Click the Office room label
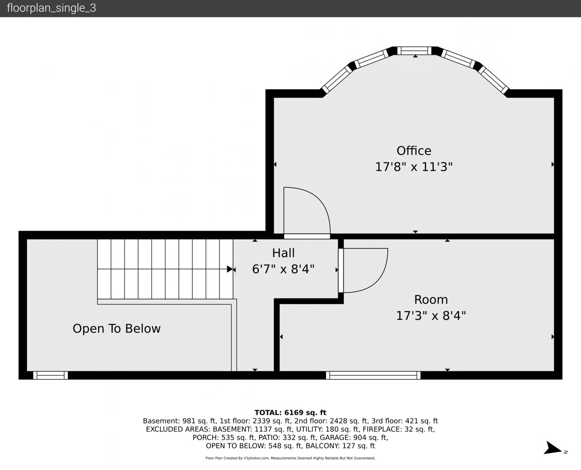pyautogui.click(x=414, y=151)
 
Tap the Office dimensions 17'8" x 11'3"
pyautogui.click(x=414, y=167)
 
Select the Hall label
pyautogui.click(x=283, y=253)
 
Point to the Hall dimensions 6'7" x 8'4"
pyautogui.click(x=283, y=269)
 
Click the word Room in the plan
pyautogui.click(x=431, y=300)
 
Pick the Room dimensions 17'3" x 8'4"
pyautogui.click(x=431, y=316)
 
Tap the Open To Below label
pyautogui.click(x=117, y=329)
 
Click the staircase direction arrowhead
pyautogui.click(x=230, y=269)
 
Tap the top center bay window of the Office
pyautogui.click(x=414, y=51)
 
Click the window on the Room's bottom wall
pyautogui.click(x=373, y=375)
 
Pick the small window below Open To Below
pyautogui.click(x=50, y=375)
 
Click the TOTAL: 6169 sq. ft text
pyautogui.click(x=290, y=413)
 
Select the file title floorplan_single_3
pyautogui.click(x=51, y=8)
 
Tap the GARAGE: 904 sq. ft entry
pyautogui.click(x=354, y=437)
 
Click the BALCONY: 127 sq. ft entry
pyautogui.click(x=340, y=446)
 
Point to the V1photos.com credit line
pyautogui.click(x=290, y=458)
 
